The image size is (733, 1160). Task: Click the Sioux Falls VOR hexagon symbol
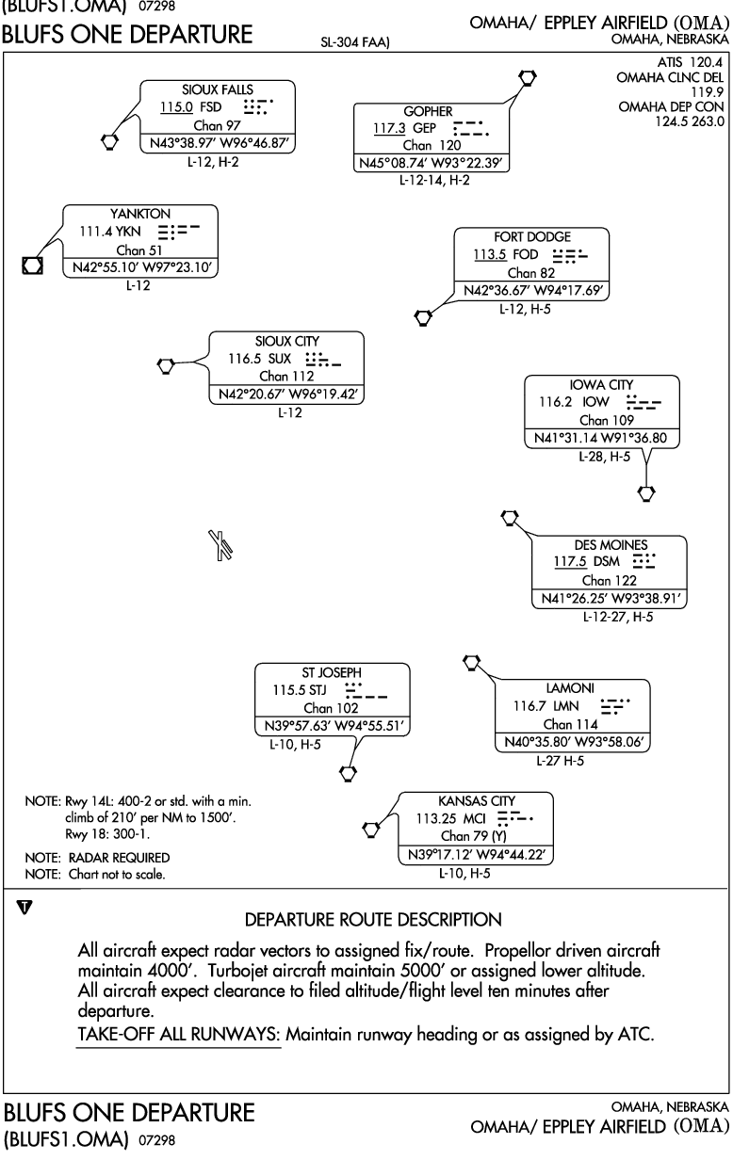click(x=109, y=141)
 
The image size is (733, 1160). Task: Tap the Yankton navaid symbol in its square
click(x=32, y=266)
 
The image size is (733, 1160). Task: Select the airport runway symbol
click(x=220, y=545)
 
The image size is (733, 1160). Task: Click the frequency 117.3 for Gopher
click(x=389, y=128)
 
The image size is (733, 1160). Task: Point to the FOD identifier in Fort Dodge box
click(x=526, y=255)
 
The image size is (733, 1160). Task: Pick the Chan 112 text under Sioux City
click(x=286, y=376)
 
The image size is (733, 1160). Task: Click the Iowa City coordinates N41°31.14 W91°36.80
click(x=600, y=438)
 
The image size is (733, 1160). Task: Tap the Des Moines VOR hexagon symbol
click(x=510, y=517)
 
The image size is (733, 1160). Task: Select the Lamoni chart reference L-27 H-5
click(x=560, y=761)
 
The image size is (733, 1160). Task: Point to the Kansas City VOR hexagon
click(x=371, y=830)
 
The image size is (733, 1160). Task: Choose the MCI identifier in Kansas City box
click(x=475, y=819)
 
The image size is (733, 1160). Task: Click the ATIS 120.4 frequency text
click(x=690, y=63)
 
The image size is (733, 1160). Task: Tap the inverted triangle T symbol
click(x=24, y=908)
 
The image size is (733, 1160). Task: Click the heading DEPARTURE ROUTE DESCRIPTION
click(x=373, y=920)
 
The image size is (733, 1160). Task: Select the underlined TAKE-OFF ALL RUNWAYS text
click(x=179, y=1034)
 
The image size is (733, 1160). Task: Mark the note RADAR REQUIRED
click(x=119, y=858)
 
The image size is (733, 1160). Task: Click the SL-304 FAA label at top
click(x=355, y=42)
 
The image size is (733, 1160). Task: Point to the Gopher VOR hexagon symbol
click(x=528, y=77)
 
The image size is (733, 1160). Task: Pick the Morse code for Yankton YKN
click(x=178, y=232)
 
